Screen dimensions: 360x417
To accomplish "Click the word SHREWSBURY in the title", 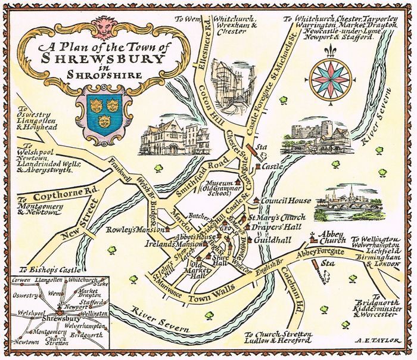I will [x=103, y=59].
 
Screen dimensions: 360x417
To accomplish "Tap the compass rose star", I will [x=331, y=78].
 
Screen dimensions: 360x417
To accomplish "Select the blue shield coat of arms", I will [x=103, y=108].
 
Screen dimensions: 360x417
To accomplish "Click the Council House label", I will [x=283, y=201].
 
